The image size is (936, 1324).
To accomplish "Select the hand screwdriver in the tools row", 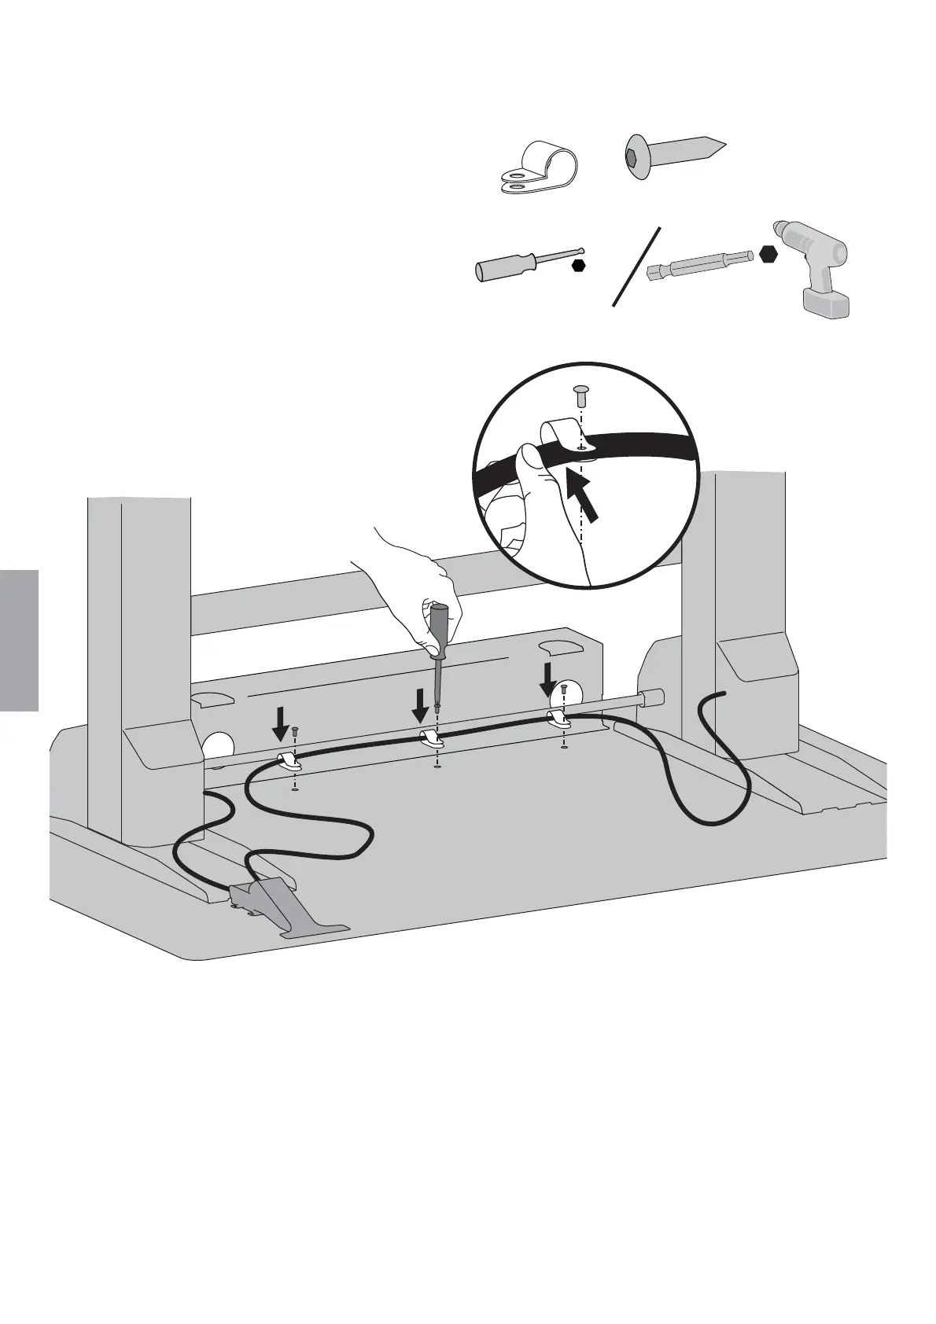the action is pos(519,264).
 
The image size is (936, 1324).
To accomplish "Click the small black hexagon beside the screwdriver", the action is pos(579,266).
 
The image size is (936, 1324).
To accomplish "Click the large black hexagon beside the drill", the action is pos(768,255).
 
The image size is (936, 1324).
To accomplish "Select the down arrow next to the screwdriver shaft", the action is pos(421,703).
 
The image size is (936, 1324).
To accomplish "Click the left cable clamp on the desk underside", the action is pos(290,761).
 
